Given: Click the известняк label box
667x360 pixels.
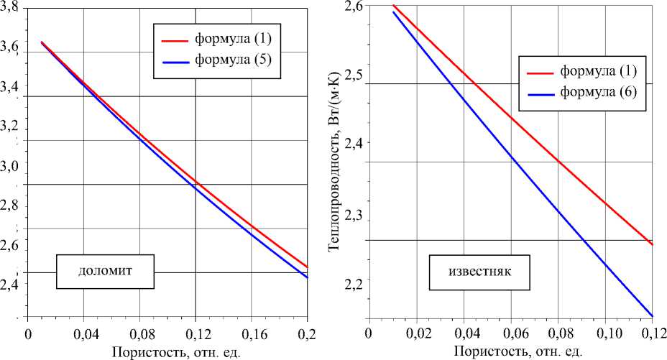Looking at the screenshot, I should (x=478, y=272).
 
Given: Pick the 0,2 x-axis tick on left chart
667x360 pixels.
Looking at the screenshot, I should (x=306, y=334).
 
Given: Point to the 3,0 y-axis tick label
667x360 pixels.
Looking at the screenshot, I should (x=11, y=166).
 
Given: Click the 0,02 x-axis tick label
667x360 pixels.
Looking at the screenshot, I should (x=415, y=334).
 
